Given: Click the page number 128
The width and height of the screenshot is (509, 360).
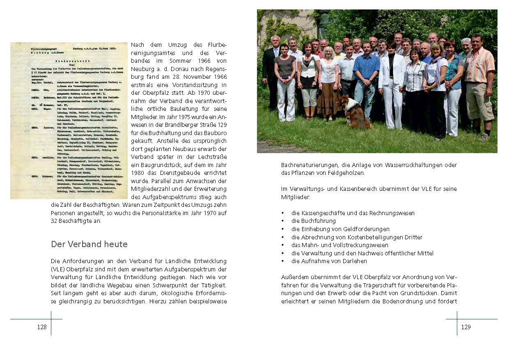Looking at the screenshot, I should pos(42,327).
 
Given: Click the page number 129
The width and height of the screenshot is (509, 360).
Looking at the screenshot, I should pos(466,327).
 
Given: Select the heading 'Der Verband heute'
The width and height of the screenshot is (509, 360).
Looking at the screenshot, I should pos(89,244).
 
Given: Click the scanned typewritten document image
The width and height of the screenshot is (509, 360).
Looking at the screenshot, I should pos(69,120).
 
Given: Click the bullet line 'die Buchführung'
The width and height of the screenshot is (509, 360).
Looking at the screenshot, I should pos(313,221).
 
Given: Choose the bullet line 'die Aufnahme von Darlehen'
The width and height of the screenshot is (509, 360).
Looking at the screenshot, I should pos(329,261).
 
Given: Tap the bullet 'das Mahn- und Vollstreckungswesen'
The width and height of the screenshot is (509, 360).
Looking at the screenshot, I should pos(339,245).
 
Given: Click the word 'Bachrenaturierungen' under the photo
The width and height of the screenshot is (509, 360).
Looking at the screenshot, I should pos(307,165).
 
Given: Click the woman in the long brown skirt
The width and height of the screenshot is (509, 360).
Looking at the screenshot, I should pos(329,86).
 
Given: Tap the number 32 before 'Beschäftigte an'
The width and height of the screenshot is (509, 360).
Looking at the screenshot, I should pos(55,221).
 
